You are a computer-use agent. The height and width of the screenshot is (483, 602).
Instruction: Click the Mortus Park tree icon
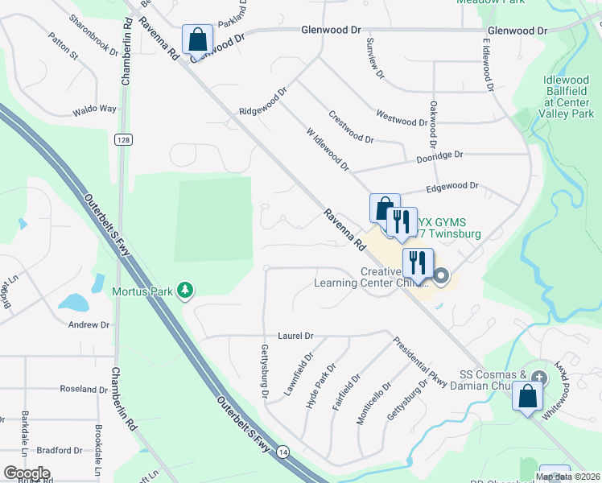pos(185,290)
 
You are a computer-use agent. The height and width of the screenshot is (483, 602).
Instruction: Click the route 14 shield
pos(282,454)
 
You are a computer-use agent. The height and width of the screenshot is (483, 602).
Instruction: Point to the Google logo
pos(27,473)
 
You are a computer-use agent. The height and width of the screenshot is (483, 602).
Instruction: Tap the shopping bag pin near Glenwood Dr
pos(196,40)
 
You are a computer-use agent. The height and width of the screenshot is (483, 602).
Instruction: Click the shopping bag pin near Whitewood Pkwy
pos(528,398)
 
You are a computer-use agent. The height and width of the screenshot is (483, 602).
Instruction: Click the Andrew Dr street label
pos(89,324)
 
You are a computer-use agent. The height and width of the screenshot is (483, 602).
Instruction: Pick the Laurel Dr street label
pos(295,335)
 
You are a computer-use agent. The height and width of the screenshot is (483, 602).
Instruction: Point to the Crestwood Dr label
pos(351,127)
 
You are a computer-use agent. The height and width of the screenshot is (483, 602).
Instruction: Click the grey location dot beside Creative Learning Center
pos(441,278)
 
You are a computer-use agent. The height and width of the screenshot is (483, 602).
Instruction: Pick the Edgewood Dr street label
pos(452,186)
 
